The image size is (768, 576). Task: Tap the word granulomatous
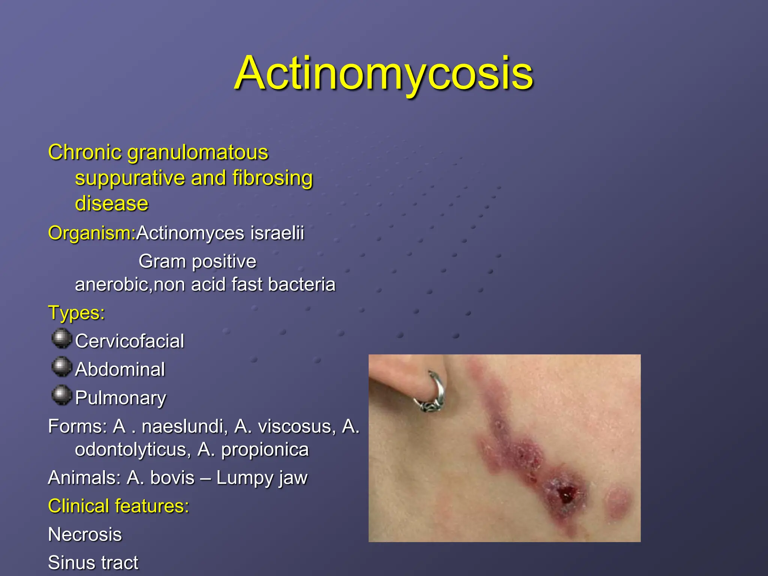click(x=198, y=153)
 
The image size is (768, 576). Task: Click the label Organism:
click(x=91, y=233)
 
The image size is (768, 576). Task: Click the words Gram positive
click(x=197, y=261)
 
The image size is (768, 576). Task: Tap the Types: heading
click(x=76, y=313)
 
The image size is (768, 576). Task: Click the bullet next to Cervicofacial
click(x=61, y=339)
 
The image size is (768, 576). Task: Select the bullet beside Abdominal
click(x=61, y=367)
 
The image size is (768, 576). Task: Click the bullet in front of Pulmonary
click(x=61, y=395)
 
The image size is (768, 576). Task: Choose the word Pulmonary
click(x=120, y=398)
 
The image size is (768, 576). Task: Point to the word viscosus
click(x=285, y=427)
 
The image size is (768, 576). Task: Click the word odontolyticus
click(x=133, y=450)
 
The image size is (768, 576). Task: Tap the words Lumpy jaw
click(x=262, y=478)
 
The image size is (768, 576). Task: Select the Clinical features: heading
click(x=118, y=506)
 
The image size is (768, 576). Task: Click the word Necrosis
click(x=85, y=534)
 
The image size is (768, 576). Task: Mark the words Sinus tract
click(x=93, y=563)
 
